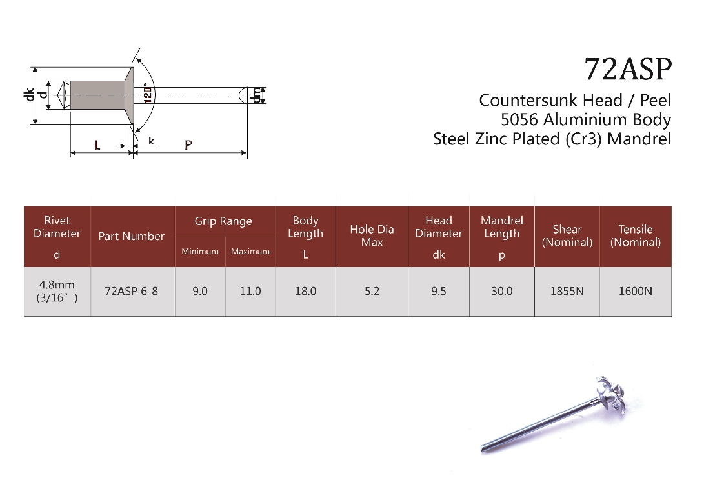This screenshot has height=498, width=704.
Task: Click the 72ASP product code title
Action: (x=628, y=69)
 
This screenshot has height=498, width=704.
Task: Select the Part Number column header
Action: (x=132, y=236)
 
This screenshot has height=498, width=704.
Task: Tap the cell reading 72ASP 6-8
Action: (x=131, y=291)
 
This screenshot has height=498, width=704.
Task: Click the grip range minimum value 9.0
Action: (x=200, y=291)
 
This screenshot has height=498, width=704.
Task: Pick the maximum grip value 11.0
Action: (x=250, y=291)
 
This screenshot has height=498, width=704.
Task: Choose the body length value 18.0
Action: (x=305, y=291)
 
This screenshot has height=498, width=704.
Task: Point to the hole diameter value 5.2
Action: (x=372, y=291)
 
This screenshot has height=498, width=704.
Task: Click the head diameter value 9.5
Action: (x=439, y=291)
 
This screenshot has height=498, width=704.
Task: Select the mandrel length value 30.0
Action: (x=501, y=291)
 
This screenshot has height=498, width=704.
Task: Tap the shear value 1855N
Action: (x=567, y=291)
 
